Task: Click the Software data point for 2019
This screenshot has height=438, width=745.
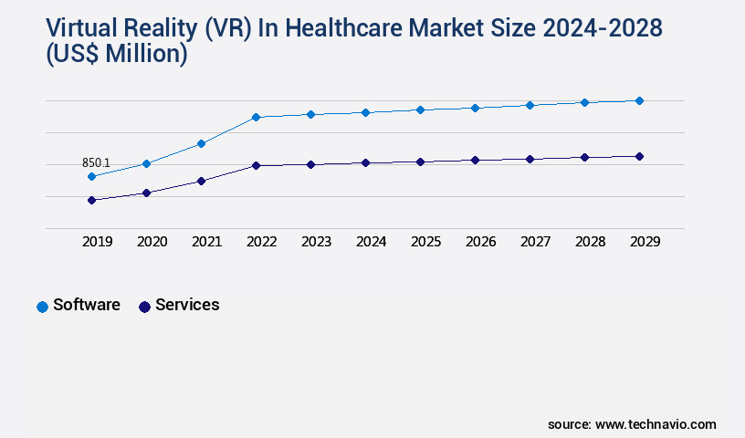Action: point(91,176)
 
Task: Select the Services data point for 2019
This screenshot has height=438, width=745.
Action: point(91,200)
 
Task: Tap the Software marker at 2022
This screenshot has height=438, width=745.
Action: point(256,117)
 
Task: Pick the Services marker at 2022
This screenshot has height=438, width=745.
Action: point(256,165)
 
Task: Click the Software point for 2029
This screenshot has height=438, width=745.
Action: point(639,100)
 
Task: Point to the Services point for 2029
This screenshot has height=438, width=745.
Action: point(639,156)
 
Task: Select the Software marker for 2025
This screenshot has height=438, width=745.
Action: point(420,109)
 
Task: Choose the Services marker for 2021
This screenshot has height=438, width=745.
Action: point(201,181)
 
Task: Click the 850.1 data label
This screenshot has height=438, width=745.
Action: point(96,162)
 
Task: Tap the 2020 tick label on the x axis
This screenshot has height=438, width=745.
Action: point(152,242)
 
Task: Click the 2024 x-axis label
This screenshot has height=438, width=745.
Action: point(371,242)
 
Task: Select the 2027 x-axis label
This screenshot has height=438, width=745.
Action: point(535,242)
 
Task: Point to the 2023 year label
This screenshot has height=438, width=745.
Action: point(316,242)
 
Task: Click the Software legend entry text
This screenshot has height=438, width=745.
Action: point(87,305)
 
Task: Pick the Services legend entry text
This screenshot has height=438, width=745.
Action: point(187,305)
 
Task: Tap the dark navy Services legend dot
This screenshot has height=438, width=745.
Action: point(144,307)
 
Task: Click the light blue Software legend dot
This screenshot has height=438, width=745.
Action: point(42,307)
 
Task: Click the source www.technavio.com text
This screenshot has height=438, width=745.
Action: point(632,424)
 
